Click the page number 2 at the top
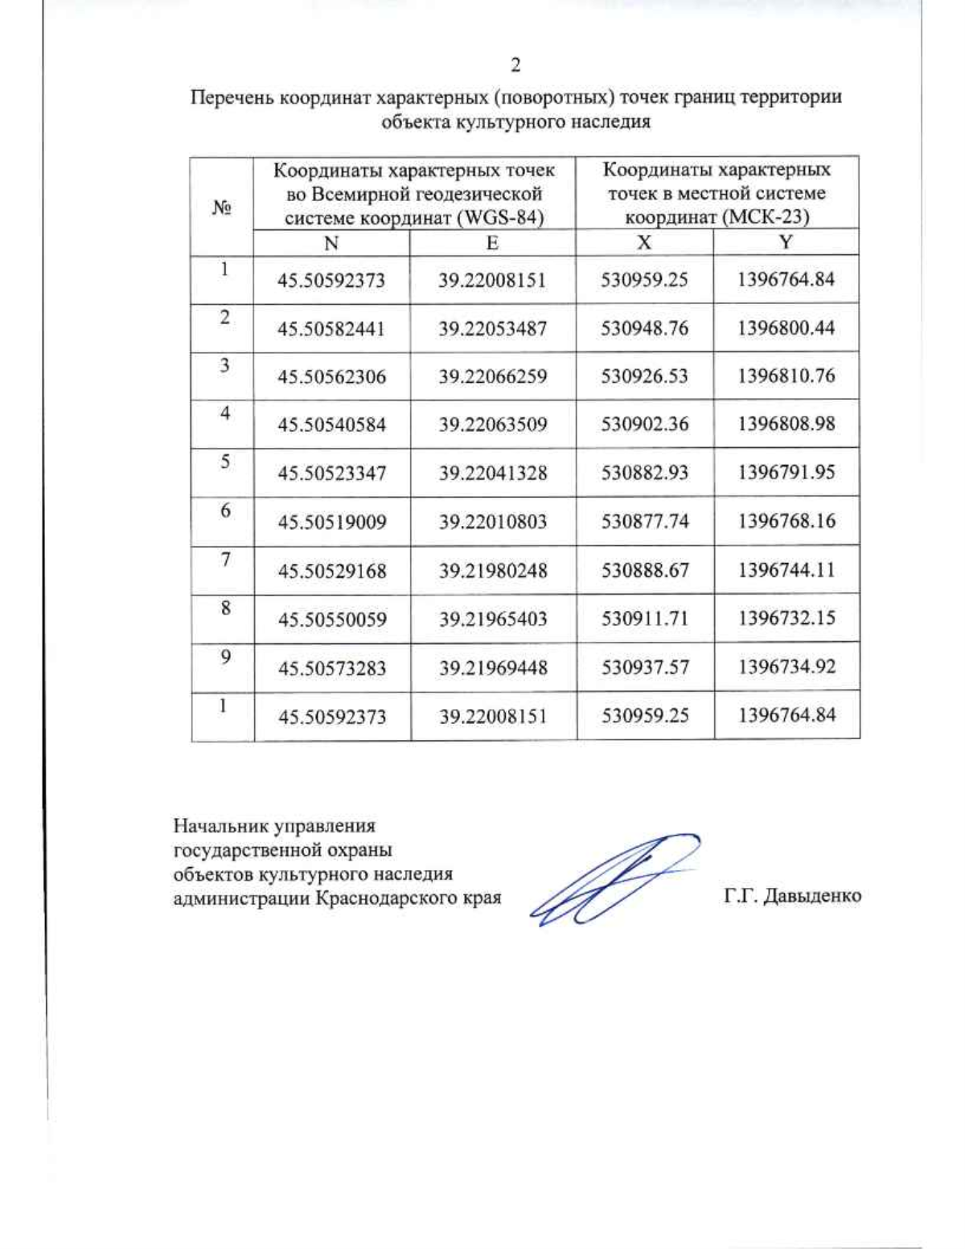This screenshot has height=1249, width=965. coord(515,65)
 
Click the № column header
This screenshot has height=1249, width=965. coord(222,207)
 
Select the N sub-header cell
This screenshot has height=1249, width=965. coord(331,243)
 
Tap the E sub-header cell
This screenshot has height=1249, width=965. coord(492,243)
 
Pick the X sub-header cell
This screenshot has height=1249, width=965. coord(644,243)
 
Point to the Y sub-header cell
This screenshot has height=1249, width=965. coord(786,242)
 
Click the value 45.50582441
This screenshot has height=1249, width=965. coord(331,329)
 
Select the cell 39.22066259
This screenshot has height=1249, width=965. coord(492,376)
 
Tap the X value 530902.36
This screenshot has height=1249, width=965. coord(644,425)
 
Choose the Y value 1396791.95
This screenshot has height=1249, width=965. coord(786,472)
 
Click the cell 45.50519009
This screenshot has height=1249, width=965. coord(331,522)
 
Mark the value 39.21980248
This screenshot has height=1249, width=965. coord(492,570)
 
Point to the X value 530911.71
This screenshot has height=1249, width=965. coord(644,618)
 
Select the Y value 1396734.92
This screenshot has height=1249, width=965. coord(786,667)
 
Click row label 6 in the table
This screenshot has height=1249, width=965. coord(225,511)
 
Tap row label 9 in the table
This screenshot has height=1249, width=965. coord(225,657)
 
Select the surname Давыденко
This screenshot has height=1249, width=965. coord(812,896)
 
